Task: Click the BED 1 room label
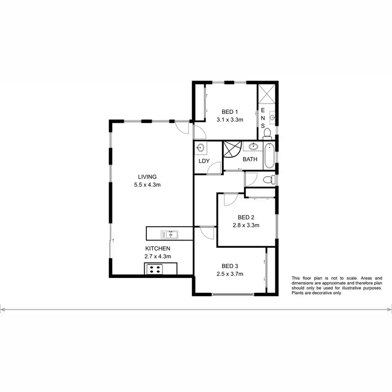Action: pos(230,111)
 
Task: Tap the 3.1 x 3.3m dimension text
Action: pos(230,120)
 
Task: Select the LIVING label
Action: pos(147,176)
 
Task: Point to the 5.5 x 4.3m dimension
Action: pos(147,185)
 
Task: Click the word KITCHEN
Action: pos(157,248)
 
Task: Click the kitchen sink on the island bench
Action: pos(169,234)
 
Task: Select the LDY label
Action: pos(204,161)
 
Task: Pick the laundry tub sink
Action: pos(201,148)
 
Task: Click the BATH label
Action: pos(249,159)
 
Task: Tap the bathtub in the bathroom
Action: pos(268,156)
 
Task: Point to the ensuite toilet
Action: pos(268,133)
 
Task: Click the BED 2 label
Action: pos(246,217)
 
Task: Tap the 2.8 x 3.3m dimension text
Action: pos(246,226)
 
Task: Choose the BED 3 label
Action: pos(230,266)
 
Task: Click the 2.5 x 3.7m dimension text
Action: pos(230,274)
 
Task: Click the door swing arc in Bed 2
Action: pos(230,199)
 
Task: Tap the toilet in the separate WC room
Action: pos(268,180)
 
